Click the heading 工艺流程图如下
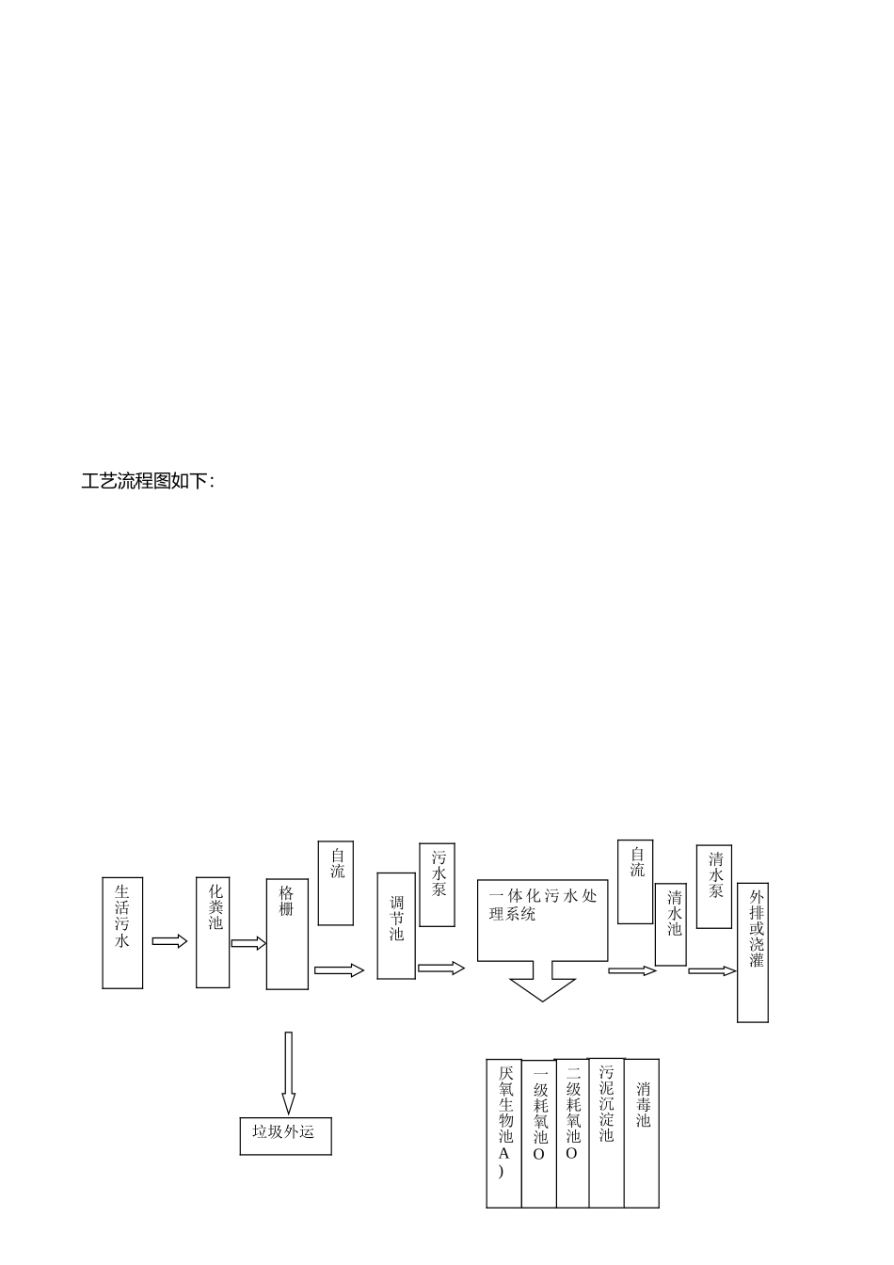point(148,482)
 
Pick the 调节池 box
point(396,925)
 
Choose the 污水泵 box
point(437,885)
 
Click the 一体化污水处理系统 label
point(543,905)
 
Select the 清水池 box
point(671,924)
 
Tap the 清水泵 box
point(714,887)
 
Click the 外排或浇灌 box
point(753,953)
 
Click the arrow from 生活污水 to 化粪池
point(169,941)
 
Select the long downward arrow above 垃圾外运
point(289,1073)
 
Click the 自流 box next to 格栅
point(336,883)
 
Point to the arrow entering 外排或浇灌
point(712,970)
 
